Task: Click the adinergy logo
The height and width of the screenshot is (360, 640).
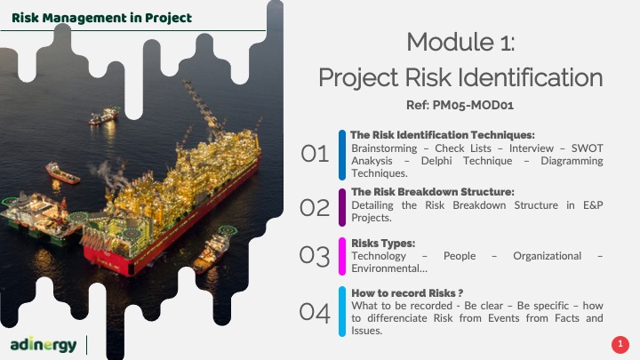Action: click(44, 345)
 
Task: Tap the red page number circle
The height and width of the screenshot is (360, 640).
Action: click(620, 344)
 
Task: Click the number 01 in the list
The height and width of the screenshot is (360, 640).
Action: click(315, 155)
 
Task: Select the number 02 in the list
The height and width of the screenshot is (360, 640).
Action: click(315, 208)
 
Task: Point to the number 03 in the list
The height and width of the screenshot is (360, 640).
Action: click(315, 256)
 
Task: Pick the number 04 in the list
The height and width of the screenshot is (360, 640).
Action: click(315, 313)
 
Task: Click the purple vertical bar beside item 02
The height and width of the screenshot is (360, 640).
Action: click(342, 207)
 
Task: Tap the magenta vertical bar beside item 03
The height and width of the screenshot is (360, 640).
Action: click(342, 256)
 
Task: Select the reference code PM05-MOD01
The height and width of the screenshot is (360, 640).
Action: click(473, 105)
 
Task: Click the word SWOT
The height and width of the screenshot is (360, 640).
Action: click(587, 148)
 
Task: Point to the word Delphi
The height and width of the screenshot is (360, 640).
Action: click(436, 161)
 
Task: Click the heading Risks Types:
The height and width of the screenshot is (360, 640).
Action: click(383, 244)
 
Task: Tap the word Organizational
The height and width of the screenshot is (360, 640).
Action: click(547, 256)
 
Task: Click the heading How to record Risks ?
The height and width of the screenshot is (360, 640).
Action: click(407, 293)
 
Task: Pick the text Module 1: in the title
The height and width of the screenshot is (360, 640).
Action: click(460, 42)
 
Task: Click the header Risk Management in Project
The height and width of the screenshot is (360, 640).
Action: click(101, 18)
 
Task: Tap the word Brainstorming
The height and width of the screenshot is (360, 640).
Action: click(384, 148)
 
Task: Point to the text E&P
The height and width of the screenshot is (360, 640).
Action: click(593, 205)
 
